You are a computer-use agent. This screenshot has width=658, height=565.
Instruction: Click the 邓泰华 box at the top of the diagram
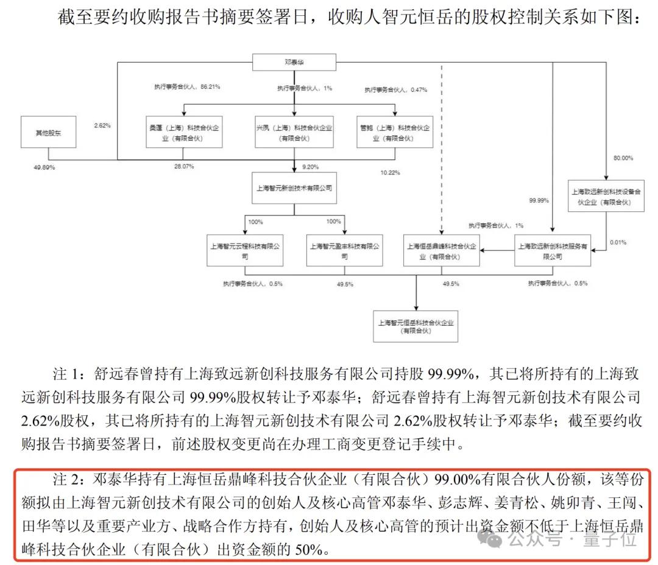coord(294,62)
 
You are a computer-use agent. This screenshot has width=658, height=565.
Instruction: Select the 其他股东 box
coord(49,132)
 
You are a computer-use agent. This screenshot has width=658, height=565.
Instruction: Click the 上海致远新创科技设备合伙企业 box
coord(606,195)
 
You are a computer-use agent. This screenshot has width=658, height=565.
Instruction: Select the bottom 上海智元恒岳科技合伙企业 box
coord(417,326)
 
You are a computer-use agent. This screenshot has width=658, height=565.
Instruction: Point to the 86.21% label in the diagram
coord(210,87)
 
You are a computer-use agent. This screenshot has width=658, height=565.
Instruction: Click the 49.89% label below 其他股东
coord(44,166)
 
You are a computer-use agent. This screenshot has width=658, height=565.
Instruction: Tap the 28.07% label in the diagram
coord(183,166)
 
